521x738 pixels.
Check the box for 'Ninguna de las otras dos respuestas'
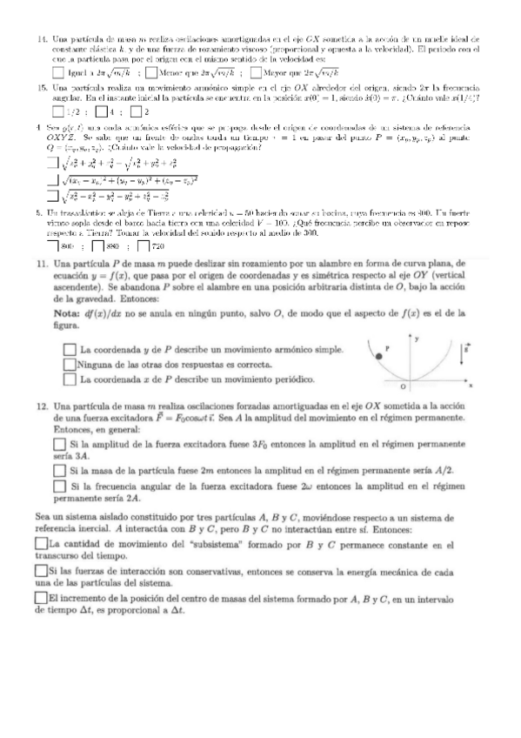(70, 365)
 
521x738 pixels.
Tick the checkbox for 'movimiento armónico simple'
(70, 349)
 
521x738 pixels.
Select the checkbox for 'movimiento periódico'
(70, 379)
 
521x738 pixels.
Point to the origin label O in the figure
(402, 386)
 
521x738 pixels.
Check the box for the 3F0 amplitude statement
(59, 443)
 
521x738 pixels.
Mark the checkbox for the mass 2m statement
(59, 471)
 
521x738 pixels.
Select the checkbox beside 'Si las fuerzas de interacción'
(41, 570)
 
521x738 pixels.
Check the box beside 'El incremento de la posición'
(41, 598)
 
